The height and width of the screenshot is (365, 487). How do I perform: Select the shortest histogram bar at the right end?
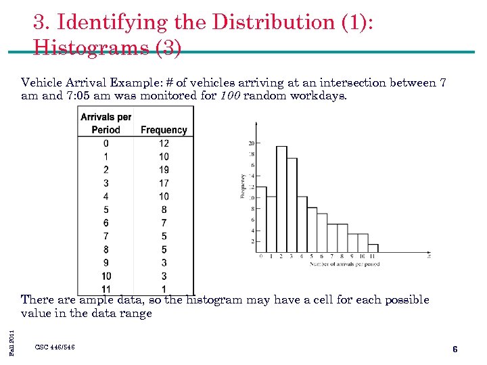(x=373, y=248)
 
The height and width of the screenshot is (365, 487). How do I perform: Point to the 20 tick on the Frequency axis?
(x=251, y=143)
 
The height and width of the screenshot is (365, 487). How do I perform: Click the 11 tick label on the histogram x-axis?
(x=373, y=257)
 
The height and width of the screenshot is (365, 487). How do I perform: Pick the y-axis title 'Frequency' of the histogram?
(x=241, y=186)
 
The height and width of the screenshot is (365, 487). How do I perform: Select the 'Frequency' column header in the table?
(x=164, y=130)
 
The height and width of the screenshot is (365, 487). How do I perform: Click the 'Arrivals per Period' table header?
(x=106, y=123)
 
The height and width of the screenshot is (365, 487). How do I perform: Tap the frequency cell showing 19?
(x=164, y=170)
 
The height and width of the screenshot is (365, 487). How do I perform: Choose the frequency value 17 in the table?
(x=164, y=183)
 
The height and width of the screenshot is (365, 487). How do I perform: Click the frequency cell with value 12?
(x=164, y=143)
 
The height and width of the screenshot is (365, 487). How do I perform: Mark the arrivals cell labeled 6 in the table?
(x=106, y=223)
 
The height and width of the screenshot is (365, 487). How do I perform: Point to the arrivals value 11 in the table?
(x=106, y=289)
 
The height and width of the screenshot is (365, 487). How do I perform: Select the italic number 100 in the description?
(x=229, y=95)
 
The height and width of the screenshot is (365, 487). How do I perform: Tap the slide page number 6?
(x=455, y=349)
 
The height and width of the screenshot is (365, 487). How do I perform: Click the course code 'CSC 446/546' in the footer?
(x=55, y=347)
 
